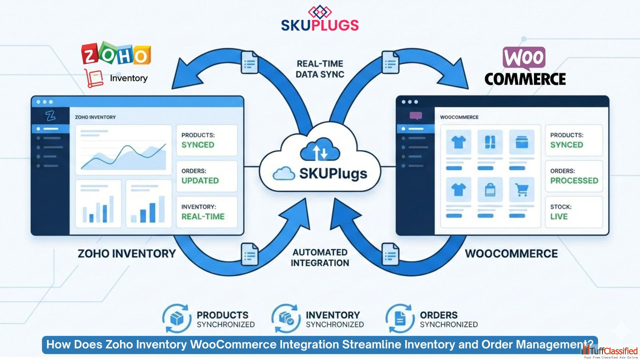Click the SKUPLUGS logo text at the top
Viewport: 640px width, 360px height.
(x=319, y=25)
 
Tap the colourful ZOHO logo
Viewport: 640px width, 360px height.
(x=116, y=54)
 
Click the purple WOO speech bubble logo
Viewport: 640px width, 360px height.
(x=523, y=59)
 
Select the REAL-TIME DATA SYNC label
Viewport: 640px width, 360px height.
(x=320, y=69)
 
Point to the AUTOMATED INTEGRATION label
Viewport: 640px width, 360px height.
(x=320, y=257)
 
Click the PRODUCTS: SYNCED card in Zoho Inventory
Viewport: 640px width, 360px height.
(x=206, y=140)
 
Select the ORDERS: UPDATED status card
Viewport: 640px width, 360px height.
(x=206, y=176)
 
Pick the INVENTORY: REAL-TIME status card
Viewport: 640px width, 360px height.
(x=206, y=212)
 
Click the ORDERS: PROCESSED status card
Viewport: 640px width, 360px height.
(x=573, y=176)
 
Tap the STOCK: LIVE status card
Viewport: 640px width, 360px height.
(x=573, y=212)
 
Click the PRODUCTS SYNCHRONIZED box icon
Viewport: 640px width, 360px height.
(x=177, y=318)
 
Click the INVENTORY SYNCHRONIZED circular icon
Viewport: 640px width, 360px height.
(x=286, y=318)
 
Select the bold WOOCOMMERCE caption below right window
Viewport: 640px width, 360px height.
(x=511, y=253)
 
